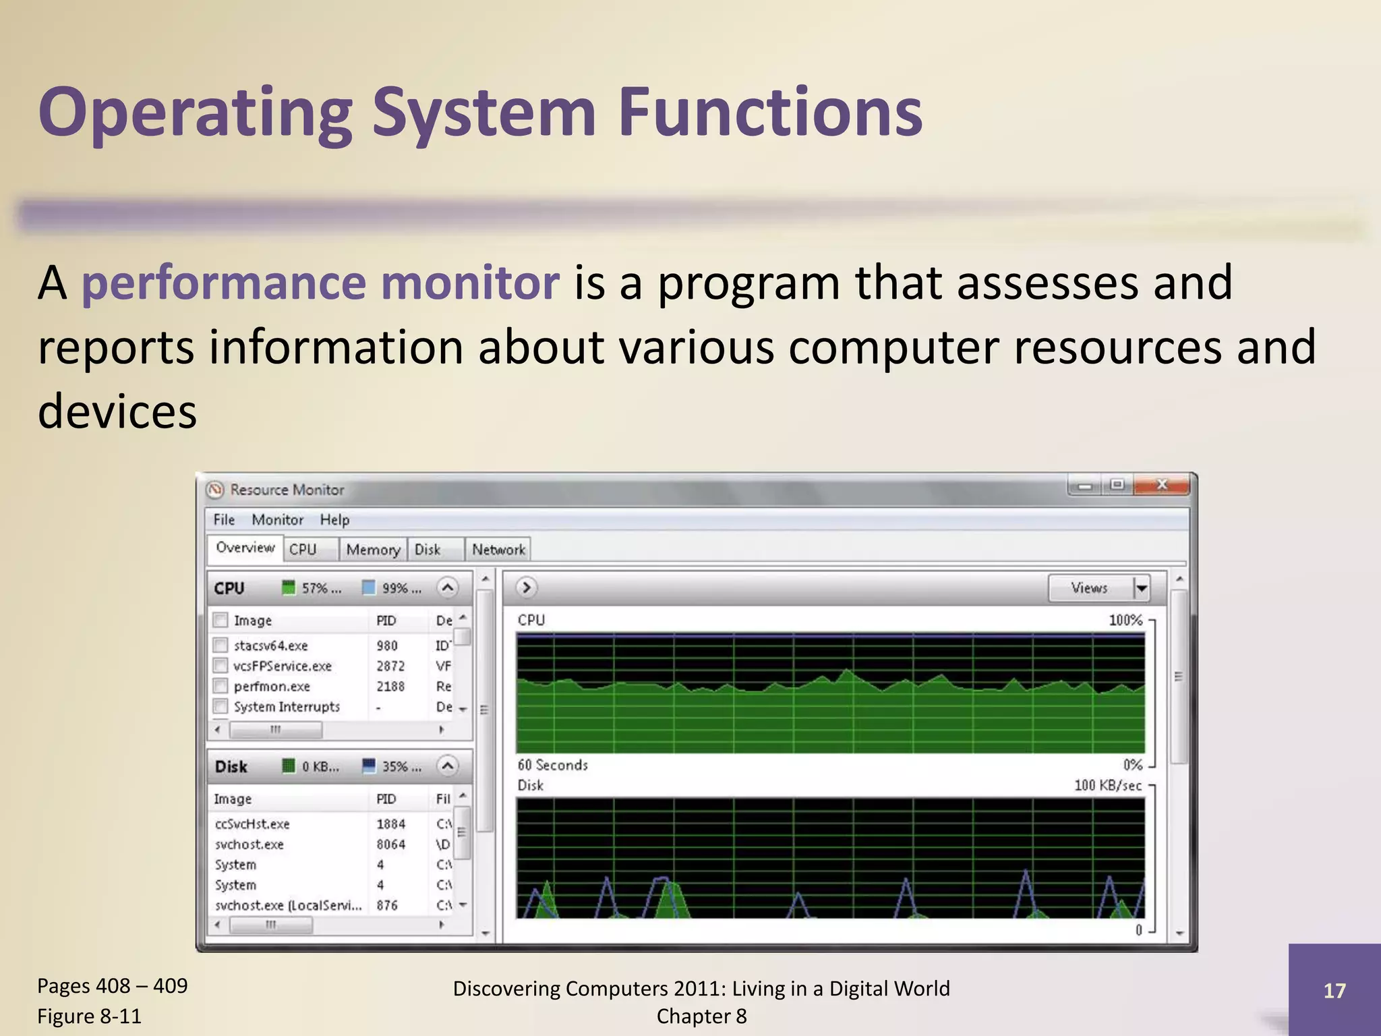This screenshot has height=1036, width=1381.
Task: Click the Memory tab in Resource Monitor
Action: coord(373,550)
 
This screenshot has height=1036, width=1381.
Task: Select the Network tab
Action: coord(498,550)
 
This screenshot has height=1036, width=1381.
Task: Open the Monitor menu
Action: coord(277,519)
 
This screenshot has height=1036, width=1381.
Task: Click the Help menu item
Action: coord(334,519)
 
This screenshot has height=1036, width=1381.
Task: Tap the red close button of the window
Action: coord(1162,485)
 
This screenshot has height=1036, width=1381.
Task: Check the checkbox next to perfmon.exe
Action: coord(221,686)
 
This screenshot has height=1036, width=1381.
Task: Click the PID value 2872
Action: coord(390,666)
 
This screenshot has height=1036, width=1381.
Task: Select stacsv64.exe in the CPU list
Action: coord(270,645)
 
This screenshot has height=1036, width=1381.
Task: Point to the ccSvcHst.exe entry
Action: coord(252,824)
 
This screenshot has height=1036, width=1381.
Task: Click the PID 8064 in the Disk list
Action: coord(390,844)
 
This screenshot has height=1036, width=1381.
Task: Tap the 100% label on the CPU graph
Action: coord(1125,620)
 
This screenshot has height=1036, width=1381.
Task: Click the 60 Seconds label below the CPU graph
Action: coord(552,765)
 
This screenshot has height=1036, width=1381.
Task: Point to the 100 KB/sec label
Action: coord(1108,785)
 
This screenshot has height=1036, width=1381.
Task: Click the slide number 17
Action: coord(1334,990)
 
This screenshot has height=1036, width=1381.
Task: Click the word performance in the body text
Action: coord(223,283)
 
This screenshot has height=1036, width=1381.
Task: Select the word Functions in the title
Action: coord(769,113)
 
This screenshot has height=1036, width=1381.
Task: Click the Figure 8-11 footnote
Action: coord(89,1016)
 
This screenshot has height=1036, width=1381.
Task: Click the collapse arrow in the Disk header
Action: coord(447,766)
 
